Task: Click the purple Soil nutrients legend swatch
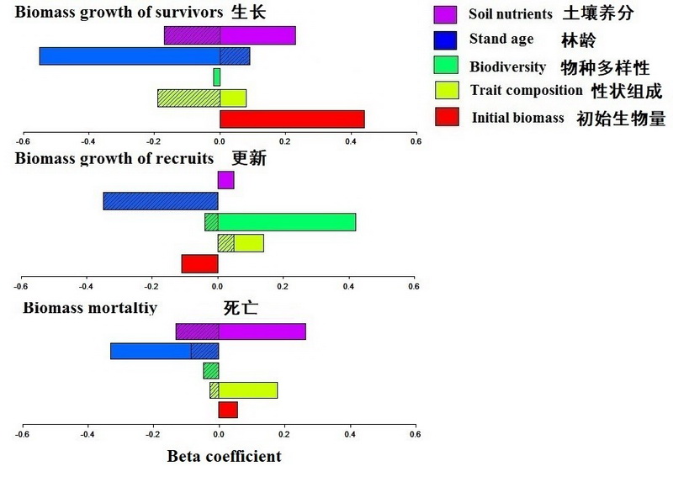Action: click(445, 14)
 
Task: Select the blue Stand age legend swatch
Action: click(445, 40)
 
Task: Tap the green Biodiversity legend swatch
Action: click(445, 65)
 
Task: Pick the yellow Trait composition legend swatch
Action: click(445, 90)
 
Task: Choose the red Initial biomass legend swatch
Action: click(446, 116)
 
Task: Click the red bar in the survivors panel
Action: click(292, 119)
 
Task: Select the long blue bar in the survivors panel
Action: click(130, 56)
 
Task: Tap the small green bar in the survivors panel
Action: click(216, 77)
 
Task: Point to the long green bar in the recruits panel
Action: click(286, 222)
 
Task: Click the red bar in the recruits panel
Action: click(199, 263)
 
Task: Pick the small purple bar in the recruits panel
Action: click(225, 180)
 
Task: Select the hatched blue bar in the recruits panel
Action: click(161, 201)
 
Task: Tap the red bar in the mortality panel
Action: click(228, 410)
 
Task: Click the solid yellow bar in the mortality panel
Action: click(247, 390)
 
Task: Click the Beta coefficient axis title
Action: click(224, 457)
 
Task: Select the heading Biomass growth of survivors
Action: click(119, 12)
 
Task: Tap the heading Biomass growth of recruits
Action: click(114, 158)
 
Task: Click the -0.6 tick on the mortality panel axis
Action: click(23, 434)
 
